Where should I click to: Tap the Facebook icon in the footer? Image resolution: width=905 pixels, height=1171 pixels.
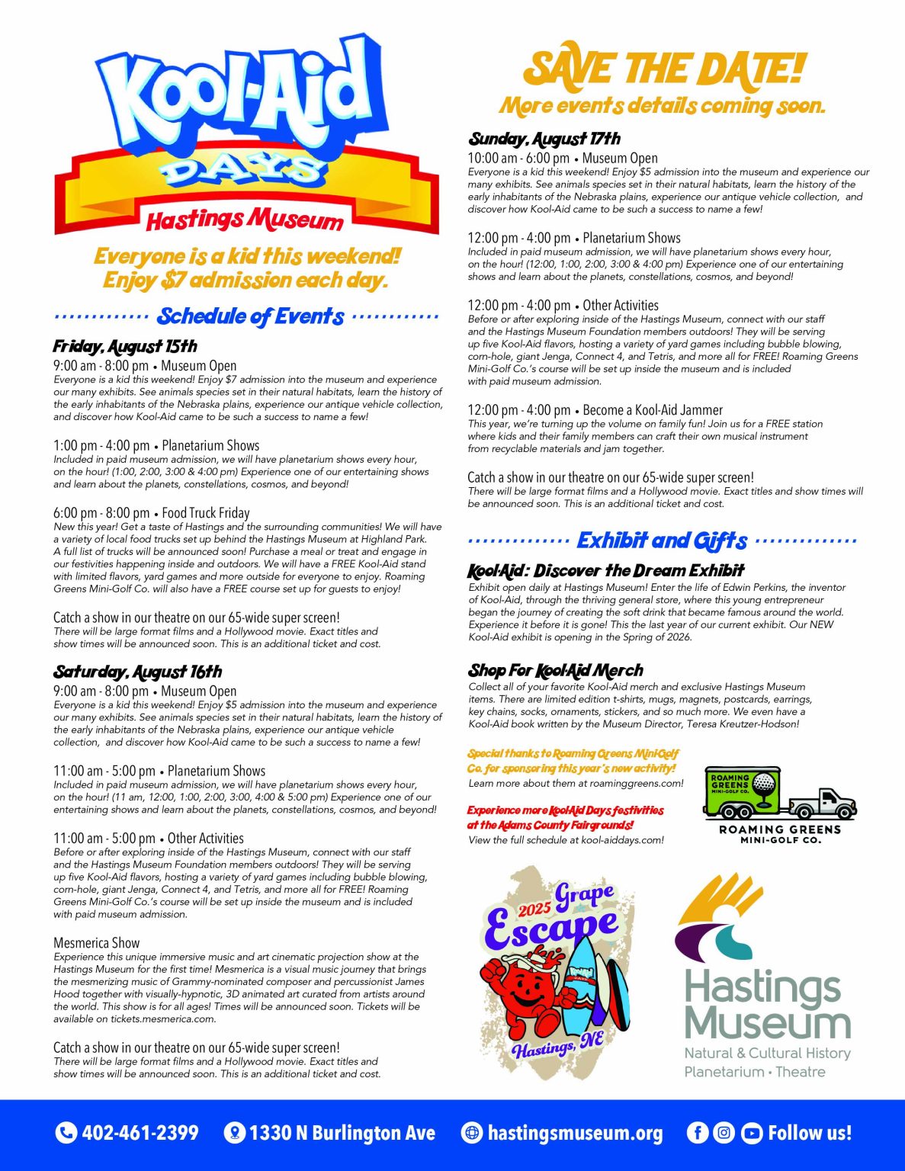[697, 1133]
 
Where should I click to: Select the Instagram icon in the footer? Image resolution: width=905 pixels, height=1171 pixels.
[724, 1133]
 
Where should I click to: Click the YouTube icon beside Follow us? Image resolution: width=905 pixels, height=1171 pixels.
[751, 1133]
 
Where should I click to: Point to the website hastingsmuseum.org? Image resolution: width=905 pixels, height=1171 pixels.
[575, 1133]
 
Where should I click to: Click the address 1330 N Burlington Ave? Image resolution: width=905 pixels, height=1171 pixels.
[342, 1133]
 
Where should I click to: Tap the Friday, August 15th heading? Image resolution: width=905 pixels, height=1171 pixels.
[125, 347]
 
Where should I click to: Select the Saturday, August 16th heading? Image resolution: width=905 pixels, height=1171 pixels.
[137, 672]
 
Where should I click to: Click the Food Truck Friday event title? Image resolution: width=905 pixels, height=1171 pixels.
[206, 513]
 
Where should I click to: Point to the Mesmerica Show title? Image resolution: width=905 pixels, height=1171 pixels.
[97, 943]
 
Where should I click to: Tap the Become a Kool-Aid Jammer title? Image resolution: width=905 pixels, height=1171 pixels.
[653, 410]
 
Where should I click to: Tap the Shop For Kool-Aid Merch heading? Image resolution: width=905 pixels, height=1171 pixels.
[556, 671]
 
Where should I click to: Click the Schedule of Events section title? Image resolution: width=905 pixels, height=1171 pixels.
[250, 316]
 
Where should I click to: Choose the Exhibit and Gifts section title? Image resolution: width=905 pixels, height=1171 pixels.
[662, 541]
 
